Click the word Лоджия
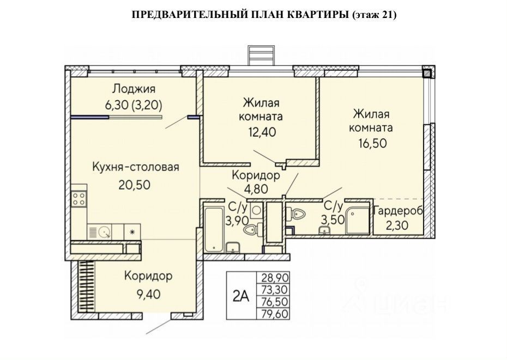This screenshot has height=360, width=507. point(134,89)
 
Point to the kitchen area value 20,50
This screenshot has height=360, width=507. point(134,184)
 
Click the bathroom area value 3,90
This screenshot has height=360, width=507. point(238,219)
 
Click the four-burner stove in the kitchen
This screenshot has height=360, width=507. point(79,198)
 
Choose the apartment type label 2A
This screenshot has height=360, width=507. point(240,296)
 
